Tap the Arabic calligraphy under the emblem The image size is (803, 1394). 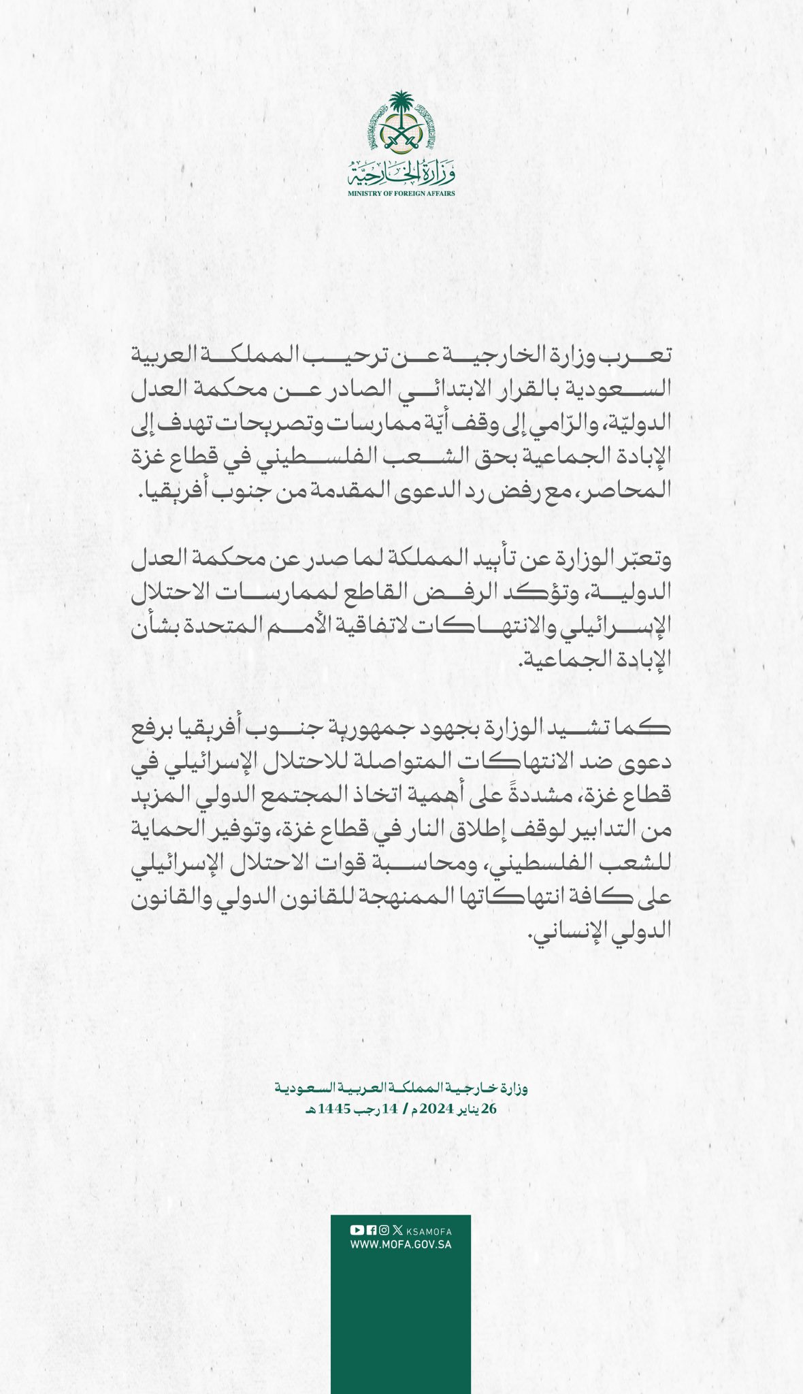[x=401, y=173]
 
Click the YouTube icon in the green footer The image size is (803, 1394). [x=356, y=1231]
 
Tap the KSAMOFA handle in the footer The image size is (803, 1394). [x=428, y=1231]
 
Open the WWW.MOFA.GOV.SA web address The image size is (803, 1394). [x=401, y=1244]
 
